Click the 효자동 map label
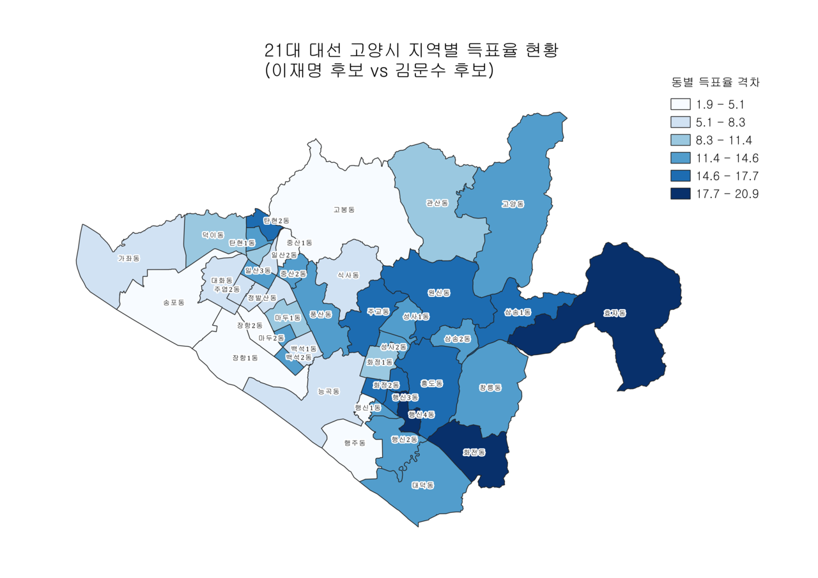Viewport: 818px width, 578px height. coord(615,313)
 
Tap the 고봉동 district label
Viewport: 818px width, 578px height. coord(344,209)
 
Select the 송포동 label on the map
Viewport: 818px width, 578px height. coord(173,302)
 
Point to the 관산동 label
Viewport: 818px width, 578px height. coord(437,203)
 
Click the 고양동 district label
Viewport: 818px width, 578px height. coord(513,204)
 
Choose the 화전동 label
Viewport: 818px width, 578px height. coord(474,453)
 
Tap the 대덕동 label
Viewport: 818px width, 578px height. coord(423,485)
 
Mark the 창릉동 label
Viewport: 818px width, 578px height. coord(490,388)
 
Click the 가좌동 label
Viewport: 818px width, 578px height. coord(128,258)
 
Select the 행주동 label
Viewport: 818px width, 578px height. coord(354,443)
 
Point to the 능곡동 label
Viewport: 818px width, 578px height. coord(328,391)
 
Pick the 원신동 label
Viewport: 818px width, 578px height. coord(439,293)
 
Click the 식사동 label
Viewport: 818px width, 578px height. coord(348,275)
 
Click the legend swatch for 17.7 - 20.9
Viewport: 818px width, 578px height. coord(681,194)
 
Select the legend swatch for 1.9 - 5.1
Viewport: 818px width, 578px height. coord(681,104)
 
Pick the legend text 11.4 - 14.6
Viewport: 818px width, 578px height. coord(727,158)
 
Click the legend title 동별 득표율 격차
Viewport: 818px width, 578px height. coord(715,82)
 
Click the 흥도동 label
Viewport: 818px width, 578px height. coord(431,383)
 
